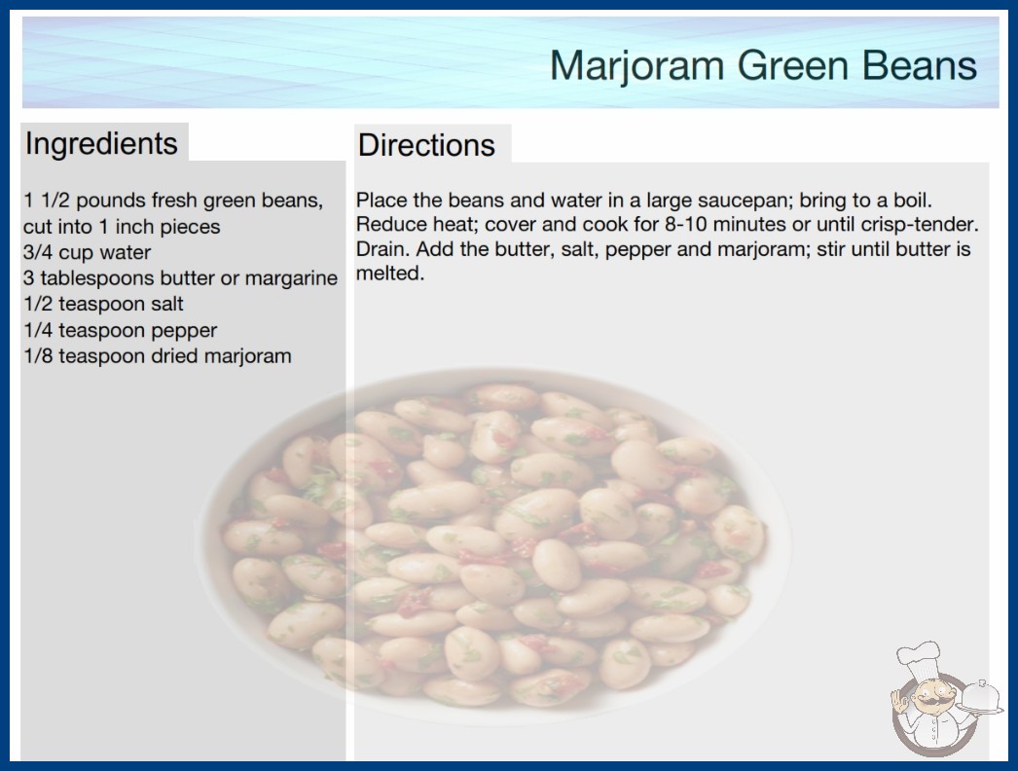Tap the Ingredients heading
pos(101,144)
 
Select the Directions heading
pos(426,145)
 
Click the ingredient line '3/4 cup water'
pos(87,252)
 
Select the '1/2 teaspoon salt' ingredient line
pos(103,304)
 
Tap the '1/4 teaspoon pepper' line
pos(120,330)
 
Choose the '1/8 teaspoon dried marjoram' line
pos(157,356)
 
